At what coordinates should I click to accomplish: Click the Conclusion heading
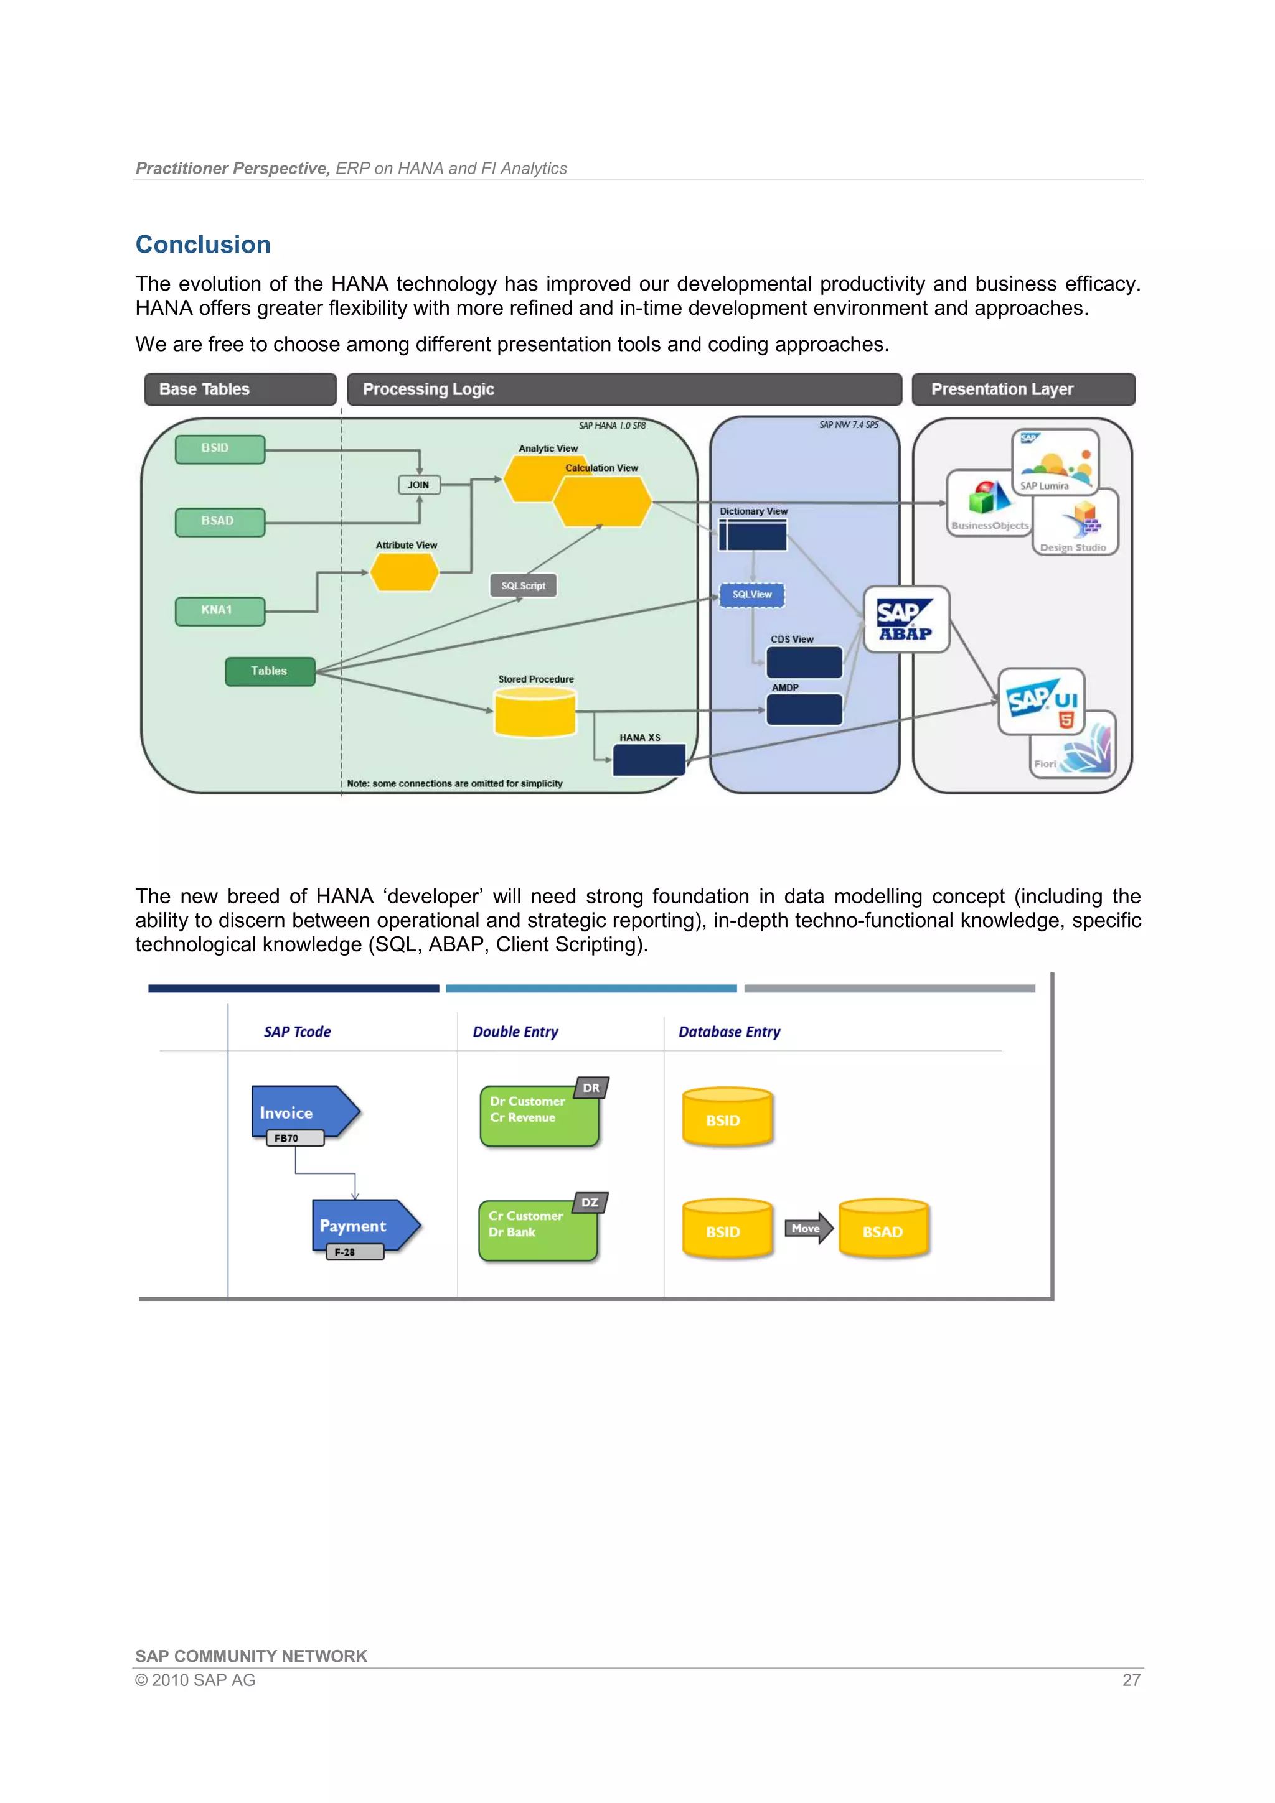click(x=203, y=245)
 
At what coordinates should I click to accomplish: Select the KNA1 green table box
click(x=219, y=610)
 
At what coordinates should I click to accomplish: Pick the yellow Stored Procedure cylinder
click(x=535, y=712)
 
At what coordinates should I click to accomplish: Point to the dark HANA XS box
click(x=648, y=760)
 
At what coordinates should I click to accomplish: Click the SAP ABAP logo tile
click(x=906, y=620)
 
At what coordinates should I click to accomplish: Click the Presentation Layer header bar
click(x=1023, y=389)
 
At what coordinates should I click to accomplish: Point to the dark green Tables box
click(x=270, y=671)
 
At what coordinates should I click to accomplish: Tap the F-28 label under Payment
click(x=345, y=1252)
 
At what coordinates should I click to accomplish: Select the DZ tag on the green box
click(x=590, y=1202)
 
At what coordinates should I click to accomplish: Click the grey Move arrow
click(x=807, y=1228)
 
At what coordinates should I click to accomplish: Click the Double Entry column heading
click(x=515, y=1032)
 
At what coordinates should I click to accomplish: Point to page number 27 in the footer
click(x=1131, y=1680)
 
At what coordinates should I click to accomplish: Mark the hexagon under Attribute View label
click(x=405, y=572)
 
